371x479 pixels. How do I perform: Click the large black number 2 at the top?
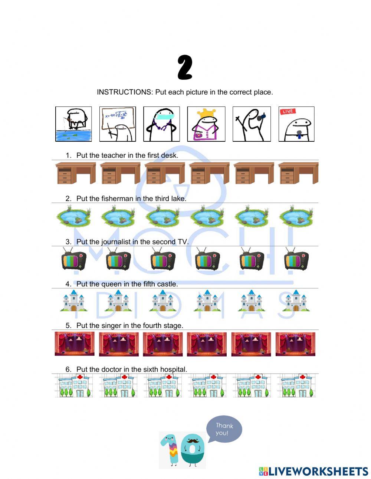pos(185,68)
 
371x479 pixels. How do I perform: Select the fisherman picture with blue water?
pos(73,124)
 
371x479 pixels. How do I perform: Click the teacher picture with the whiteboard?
pos(117,124)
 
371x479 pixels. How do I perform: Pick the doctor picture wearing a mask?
pos(161,124)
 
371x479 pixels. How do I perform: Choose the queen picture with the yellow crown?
pos(206,124)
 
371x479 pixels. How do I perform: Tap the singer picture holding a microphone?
pos(252,124)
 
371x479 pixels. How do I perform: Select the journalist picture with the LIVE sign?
pos(296,124)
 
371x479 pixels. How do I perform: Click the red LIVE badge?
pos(288,112)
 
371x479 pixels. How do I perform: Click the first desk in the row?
pos(75,173)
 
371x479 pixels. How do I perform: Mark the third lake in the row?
pos(162,217)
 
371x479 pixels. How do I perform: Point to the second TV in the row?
pos(118,260)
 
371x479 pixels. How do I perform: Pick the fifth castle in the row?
pos(251,301)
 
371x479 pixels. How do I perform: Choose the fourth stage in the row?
pos(207,344)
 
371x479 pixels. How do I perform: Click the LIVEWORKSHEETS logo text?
pos(318,471)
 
